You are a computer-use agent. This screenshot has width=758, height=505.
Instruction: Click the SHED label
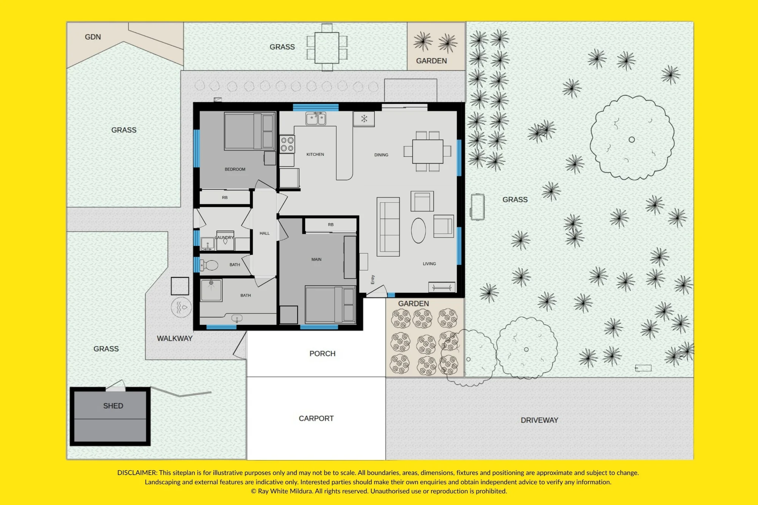(x=113, y=406)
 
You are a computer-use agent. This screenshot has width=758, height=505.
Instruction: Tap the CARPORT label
(x=316, y=418)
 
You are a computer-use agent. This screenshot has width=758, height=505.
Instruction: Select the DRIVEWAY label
(x=539, y=420)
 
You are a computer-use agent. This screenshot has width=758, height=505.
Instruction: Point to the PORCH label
(x=323, y=353)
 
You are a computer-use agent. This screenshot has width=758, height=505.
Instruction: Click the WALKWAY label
(x=175, y=338)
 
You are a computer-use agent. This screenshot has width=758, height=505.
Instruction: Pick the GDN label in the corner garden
(x=93, y=37)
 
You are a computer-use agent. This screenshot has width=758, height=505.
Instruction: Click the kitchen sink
(x=316, y=118)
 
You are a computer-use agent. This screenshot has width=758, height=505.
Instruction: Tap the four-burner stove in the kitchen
(x=287, y=144)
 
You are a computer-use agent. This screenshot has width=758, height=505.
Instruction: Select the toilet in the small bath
(x=209, y=265)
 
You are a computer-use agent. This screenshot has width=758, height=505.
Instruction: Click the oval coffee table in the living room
(x=418, y=230)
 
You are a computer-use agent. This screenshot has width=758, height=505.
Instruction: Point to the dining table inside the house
(x=428, y=152)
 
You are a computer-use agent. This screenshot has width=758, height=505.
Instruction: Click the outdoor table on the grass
(x=327, y=48)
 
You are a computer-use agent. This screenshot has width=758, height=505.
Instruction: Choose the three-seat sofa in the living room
(x=388, y=227)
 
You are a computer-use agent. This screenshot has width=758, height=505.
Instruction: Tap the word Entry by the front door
(x=373, y=280)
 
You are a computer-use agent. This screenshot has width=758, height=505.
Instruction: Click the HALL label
(x=265, y=233)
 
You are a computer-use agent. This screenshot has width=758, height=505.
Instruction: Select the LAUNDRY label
(x=224, y=238)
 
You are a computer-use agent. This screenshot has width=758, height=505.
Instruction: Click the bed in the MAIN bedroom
(x=330, y=304)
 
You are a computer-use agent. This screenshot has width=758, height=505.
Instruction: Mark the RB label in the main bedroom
(x=331, y=225)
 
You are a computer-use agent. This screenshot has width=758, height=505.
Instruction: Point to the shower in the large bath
(x=211, y=290)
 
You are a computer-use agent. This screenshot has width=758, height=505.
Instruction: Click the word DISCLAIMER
(x=137, y=473)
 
